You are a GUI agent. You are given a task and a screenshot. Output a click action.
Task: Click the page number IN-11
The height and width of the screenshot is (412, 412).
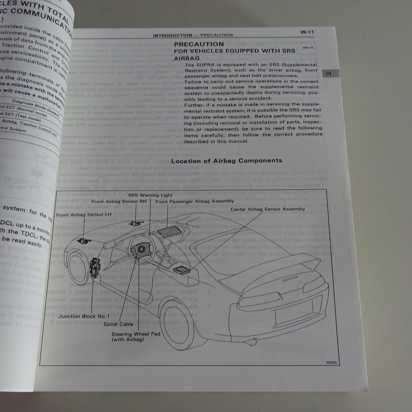[307, 32]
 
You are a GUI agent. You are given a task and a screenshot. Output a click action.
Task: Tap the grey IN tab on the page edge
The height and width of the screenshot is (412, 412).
[328, 74]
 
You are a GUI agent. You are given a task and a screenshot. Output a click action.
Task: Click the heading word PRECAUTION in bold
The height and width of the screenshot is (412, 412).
[199, 44]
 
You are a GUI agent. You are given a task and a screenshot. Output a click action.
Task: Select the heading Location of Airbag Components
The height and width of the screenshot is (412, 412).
[227, 161]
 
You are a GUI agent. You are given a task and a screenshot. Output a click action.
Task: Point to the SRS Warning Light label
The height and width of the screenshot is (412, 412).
[150, 195]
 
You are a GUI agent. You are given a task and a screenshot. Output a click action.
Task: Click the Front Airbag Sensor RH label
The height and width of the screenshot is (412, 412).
[119, 202]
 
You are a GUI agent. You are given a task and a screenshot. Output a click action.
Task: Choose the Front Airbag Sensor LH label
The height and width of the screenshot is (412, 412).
[84, 215]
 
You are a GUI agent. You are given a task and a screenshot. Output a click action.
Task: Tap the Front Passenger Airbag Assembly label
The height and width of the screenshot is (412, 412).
[195, 201]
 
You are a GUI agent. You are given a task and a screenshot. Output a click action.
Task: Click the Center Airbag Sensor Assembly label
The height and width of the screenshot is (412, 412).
[268, 209]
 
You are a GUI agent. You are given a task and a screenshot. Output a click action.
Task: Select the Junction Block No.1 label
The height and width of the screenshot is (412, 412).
[84, 316]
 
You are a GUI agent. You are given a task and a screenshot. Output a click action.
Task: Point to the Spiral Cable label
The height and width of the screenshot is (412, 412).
[118, 324]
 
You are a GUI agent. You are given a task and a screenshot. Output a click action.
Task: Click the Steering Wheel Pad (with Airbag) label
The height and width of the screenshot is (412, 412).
[136, 337]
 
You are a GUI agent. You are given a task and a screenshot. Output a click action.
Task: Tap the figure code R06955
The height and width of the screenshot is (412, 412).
[331, 363]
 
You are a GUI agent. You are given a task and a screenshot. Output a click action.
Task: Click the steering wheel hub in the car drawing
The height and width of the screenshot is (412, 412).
[141, 250]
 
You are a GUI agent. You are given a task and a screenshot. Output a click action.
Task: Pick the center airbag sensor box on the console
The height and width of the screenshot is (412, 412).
[182, 270]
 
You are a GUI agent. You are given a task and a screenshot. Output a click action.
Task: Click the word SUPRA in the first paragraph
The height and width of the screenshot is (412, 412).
[206, 65]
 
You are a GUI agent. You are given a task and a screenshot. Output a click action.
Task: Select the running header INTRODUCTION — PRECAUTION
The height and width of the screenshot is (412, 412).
[193, 35]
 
